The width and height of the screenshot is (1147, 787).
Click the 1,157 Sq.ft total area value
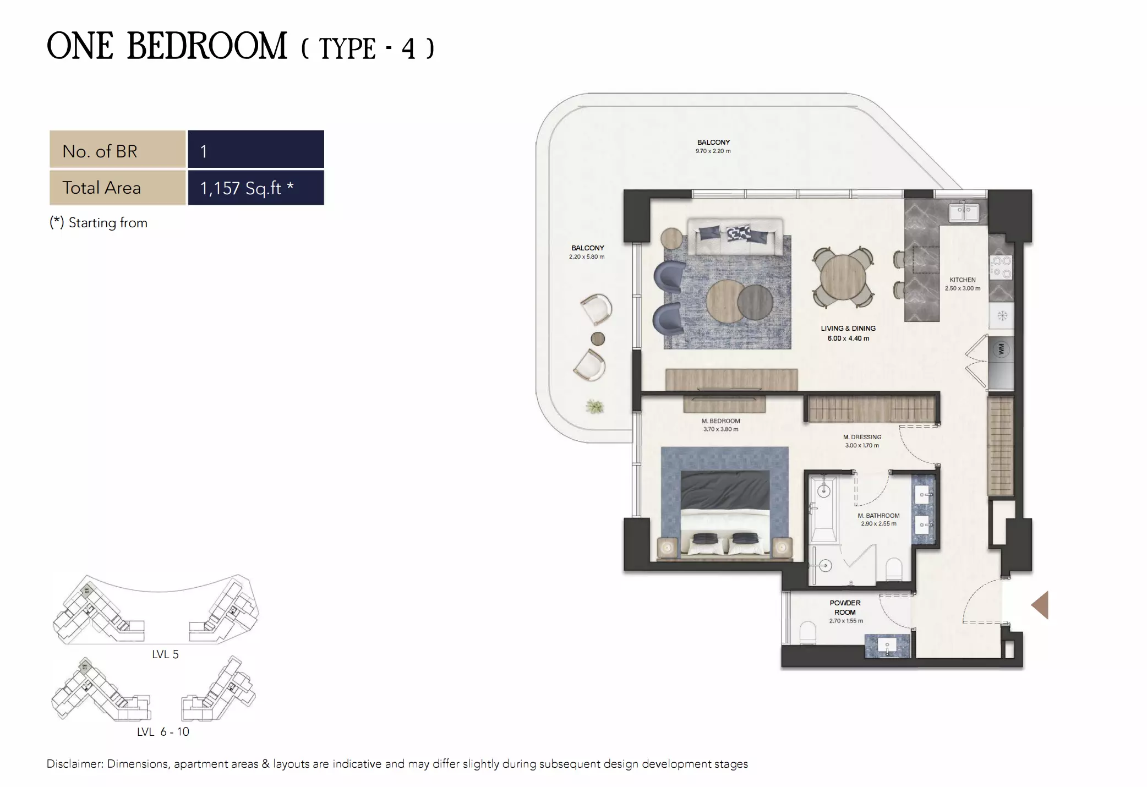click(x=247, y=188)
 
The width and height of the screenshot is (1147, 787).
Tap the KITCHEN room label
click(x=962, y=280)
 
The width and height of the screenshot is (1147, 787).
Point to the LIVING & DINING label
click(x=848, y=329)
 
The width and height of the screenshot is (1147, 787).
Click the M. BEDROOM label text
click(x=720, y=421)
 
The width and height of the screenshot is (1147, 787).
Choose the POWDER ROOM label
click(x=845, y=608)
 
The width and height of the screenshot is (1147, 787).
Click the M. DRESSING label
click(x=862, y=437)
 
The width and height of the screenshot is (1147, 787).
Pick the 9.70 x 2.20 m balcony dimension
click(x=713, y=151)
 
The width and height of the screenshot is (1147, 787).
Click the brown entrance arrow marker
click(x=1040, y=605)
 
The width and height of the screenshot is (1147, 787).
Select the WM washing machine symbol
click(x=1001, y=349)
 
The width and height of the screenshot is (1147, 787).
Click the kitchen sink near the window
click(x=963, y=212)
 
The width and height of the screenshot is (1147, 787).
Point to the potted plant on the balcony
click(x=594, y=407)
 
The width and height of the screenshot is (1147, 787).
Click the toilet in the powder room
click(x=807, y=633)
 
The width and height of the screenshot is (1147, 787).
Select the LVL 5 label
click(x=165, y=654)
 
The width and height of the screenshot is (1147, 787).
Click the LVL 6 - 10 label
click(x=163, y=732)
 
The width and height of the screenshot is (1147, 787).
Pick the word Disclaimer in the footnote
click(x=75, y=764)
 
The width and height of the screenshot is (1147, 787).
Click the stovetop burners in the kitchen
click(x=1001, y=267)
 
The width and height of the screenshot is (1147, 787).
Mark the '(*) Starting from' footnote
click(x=99, y=223)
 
